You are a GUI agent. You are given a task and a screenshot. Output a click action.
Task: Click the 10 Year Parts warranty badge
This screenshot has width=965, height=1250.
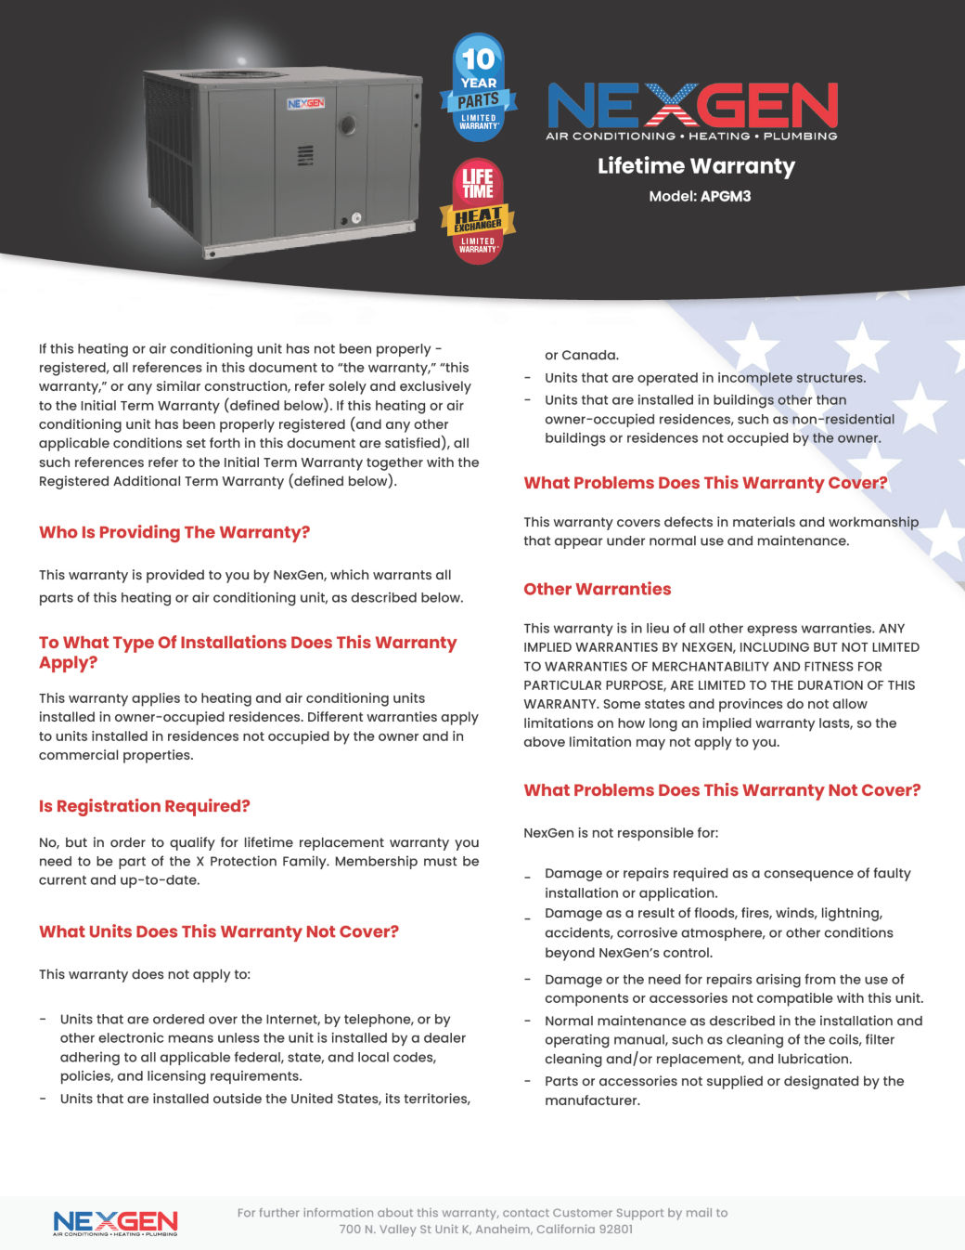pyautogui.click(x=478, y=88)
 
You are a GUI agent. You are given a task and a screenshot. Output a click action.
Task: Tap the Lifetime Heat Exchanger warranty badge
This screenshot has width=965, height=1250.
pyautogui.click(x=478, y=212)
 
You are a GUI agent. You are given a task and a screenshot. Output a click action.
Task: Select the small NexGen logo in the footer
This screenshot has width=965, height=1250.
pyautogui.click(x=115, y=1223)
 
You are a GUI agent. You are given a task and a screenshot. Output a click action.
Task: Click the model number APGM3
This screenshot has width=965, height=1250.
pyautogui.click(x=726, y=196)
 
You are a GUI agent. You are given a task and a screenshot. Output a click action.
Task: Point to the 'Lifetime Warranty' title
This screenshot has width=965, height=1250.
pyautogui.click(x=696, y=166)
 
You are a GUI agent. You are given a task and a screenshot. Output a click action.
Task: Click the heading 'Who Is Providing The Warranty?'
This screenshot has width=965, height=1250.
pyautogui.click(x=174, y=532)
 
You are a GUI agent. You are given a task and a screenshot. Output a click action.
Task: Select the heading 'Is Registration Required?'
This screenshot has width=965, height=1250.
pyautogui.click(x=145, y=806)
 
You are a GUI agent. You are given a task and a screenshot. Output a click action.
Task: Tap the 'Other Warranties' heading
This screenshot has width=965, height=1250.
pyautogui.click(x=598, y=589)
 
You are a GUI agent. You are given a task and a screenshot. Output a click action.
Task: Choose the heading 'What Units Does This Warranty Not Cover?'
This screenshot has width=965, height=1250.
pyautogui.click(x=219, y=931)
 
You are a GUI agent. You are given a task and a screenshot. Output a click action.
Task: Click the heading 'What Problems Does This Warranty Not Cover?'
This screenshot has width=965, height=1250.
pyautogui.click(x=722, y=790)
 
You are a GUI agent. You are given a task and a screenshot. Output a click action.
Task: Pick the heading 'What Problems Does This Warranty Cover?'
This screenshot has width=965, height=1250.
pyautogui.click(x=705, y=483)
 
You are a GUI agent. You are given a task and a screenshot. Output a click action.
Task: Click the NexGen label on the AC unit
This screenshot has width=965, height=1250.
pyautogui.click(x=305, y=103)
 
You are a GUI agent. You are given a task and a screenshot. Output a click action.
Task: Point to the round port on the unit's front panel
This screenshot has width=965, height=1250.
pyautogui.click(x=348, y=124)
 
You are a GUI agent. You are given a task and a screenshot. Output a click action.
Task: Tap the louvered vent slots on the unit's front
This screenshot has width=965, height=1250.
pyautogui.click(x=304, y=155)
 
